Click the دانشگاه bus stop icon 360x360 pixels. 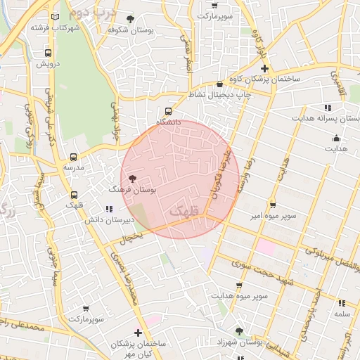pyautogui.click(x=168, y=111)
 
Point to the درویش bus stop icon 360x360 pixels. pyautogui.click(x=48, y=53)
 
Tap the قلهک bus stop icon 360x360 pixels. pyautogui.click(x=75, y=195)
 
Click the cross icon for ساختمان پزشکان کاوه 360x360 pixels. pyautogui.click(x=264, y=68)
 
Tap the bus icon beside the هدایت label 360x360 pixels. pyautogui.click(x=336, y=138)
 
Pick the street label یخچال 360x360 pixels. pyautogui.click(x=130, y=239)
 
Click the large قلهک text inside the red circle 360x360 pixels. pyautogui.click(x=185, y=210)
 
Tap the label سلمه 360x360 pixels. pyautogui.click(x=342, y=313)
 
